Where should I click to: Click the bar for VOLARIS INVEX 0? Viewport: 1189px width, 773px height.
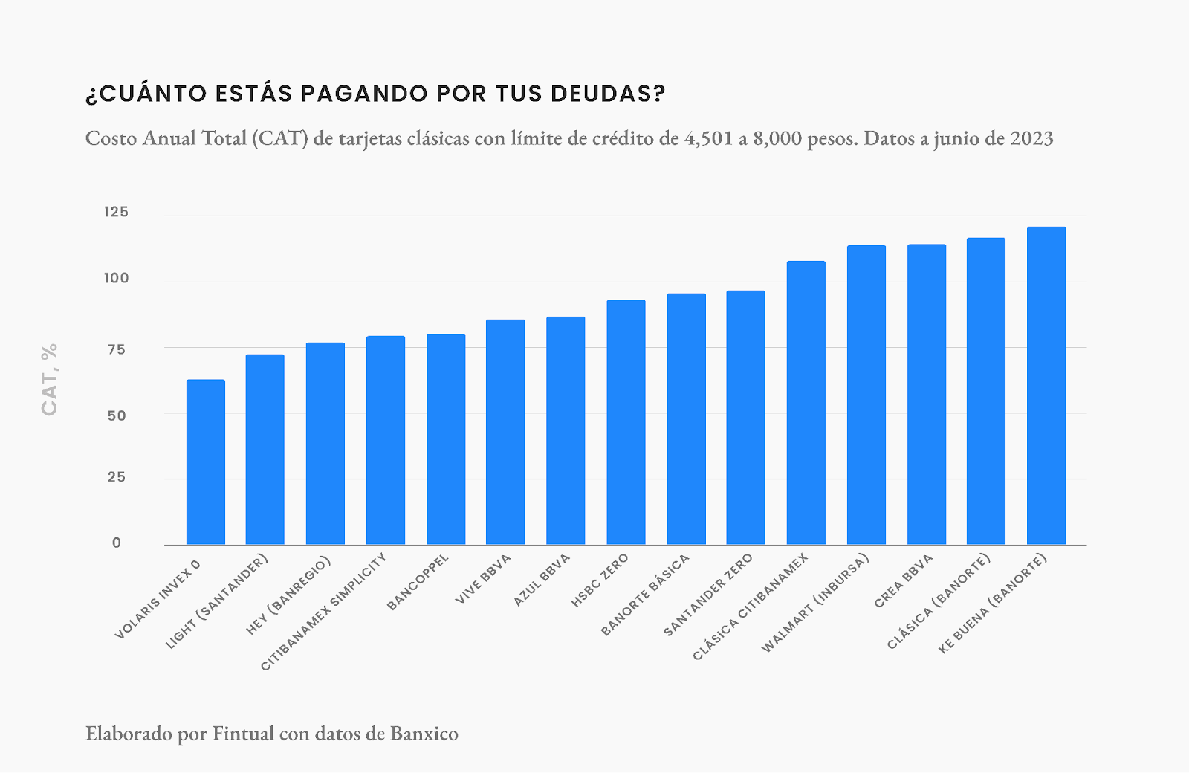click(x=205, y=462)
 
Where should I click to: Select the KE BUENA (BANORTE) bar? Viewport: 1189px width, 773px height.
click(x=1046, y=386)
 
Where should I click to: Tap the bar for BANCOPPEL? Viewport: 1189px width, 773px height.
click(x=446, y=439)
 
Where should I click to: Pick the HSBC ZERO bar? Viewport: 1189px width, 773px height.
click(x=626, y=422)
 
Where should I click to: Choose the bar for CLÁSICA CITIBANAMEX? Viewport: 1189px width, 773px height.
click(x=806, y=403)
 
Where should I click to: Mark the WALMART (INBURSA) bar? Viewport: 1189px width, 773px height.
click(x=866, y=395)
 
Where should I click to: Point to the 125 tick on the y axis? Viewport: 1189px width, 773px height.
click(x=116, y=213)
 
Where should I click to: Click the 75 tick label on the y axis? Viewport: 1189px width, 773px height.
click(x=116, y=349)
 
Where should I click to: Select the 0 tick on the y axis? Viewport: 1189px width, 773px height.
click(x=117, y=543)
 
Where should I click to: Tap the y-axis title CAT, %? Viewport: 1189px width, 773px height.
click(x=50, y=379)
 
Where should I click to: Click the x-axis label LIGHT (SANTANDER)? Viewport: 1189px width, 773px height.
click(x=216, y=601)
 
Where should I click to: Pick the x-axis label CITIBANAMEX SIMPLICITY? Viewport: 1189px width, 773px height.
click(x=324, y=612)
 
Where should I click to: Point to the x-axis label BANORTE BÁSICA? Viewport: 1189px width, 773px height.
click(x=645, y=595)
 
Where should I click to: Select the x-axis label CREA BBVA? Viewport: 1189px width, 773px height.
click(x=903, y=581)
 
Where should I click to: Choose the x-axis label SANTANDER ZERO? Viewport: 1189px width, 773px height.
click(x=708, y=595)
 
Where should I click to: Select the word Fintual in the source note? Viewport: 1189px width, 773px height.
click(x=243, y=734)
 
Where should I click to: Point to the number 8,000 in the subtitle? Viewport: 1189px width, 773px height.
click(x=777, y=139)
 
